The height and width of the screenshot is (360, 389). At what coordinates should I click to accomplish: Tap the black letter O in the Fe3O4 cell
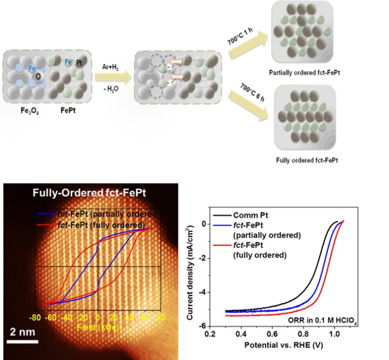pyautogui.click(x=38, y=76)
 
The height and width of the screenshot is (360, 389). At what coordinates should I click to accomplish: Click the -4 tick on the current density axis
pyautogui.click(x=203, y=291)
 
